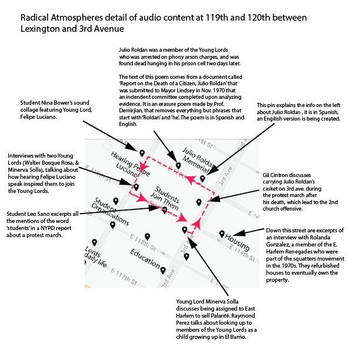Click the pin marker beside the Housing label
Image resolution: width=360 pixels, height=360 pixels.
click(x=222, y=234)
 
